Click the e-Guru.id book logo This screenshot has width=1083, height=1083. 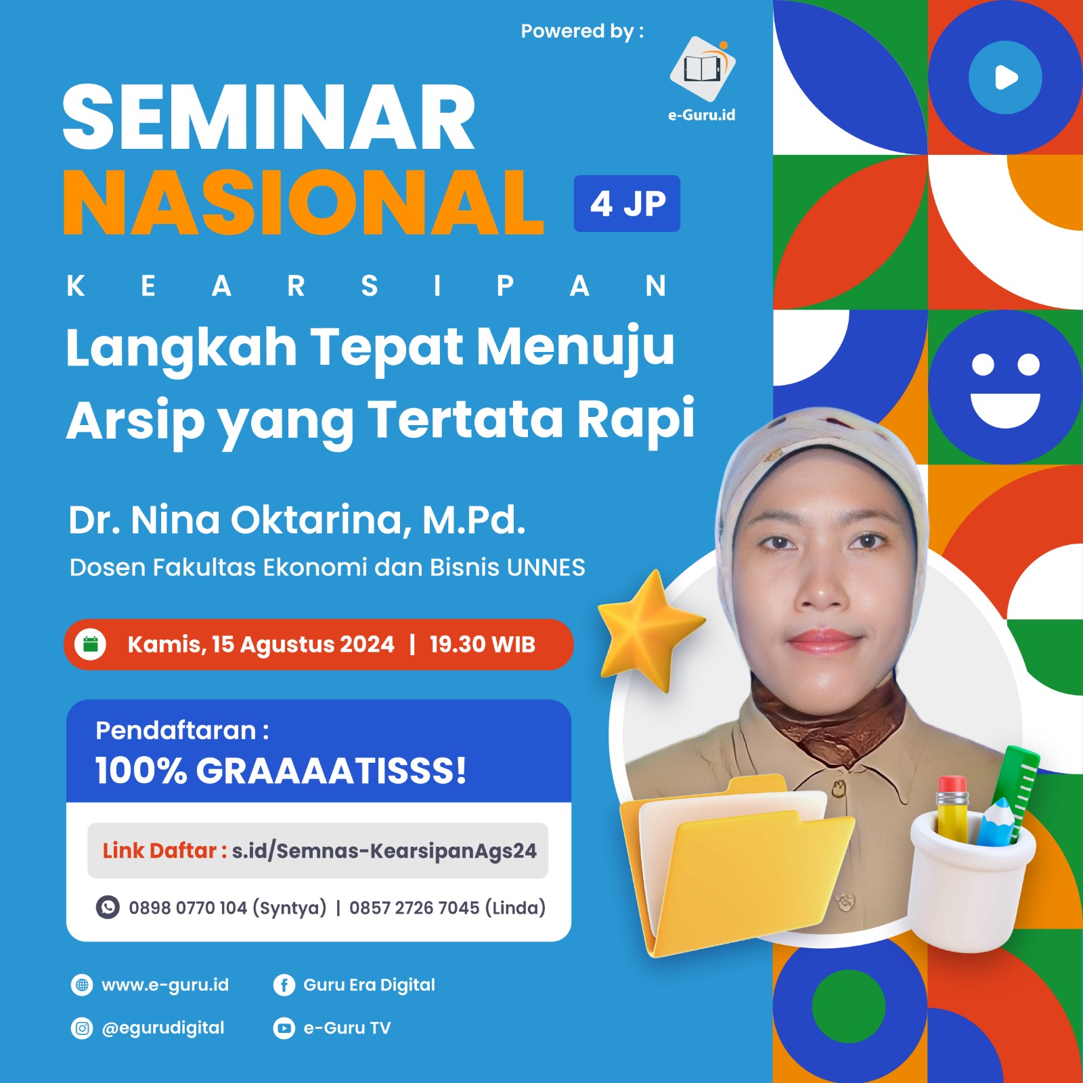click(703, 68)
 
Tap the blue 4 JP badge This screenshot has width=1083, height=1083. click(627, 203)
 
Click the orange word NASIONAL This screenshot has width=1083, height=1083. click(303, 202)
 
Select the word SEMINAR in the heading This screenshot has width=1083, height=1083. click(269, 118)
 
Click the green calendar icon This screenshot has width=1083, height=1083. click(91, 644)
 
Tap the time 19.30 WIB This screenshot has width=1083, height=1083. click(482, 644)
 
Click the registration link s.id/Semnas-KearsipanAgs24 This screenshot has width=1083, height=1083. click(384, 851)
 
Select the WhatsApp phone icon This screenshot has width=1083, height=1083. click(108, 907)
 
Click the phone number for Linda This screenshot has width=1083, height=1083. click(447, 908)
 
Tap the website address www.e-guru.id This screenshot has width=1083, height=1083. click(165, 985)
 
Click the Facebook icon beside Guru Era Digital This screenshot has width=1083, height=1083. click(284, 985)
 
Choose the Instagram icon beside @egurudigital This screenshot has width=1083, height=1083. click(82, 1028)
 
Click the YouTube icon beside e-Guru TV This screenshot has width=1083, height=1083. click(284, 1028)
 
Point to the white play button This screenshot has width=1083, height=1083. click(1006, 77)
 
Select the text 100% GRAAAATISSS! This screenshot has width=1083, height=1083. click(281, 771)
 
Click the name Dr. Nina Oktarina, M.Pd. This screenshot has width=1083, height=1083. click(297, 520)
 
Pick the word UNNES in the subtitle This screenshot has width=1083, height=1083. click(546, 567)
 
